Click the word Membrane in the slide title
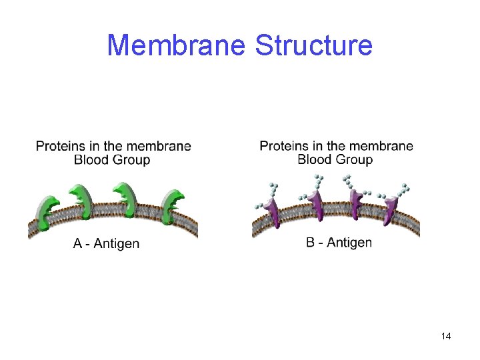(x=177, y=45)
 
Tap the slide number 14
(x=446, y=336)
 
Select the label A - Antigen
(x=106, y=244)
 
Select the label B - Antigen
(x=339, y=242)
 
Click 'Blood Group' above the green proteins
(x=112, y=160)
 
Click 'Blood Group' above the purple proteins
(x=335, y=160)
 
